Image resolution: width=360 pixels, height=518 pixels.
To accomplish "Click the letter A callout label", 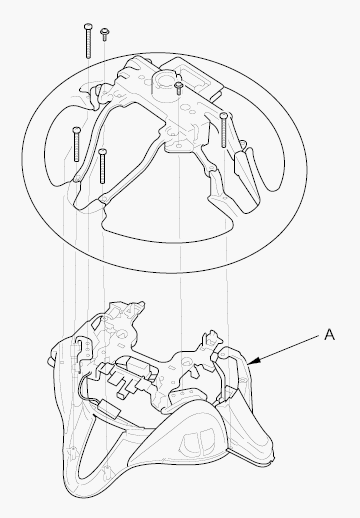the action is click(329, 334).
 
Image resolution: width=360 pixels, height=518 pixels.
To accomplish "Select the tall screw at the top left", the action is click(88, 41).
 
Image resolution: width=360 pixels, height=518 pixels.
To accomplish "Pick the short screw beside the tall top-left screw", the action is click(105, 34).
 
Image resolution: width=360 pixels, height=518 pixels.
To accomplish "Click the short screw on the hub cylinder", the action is click(179, 88).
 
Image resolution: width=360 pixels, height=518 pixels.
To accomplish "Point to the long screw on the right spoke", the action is click(224, 129).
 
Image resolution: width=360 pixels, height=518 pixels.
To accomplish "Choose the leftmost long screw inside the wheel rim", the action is click(76, 144).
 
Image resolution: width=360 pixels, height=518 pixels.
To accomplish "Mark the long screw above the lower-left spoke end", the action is click(103, 166).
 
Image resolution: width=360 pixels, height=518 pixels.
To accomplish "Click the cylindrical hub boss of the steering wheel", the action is click(165, 83).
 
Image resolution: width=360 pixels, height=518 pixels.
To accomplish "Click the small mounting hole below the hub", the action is click(179, 146).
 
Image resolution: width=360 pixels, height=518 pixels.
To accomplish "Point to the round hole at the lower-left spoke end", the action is click(104, 200).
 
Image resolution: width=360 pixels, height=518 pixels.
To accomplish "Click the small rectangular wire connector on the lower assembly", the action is click(110, 408).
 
